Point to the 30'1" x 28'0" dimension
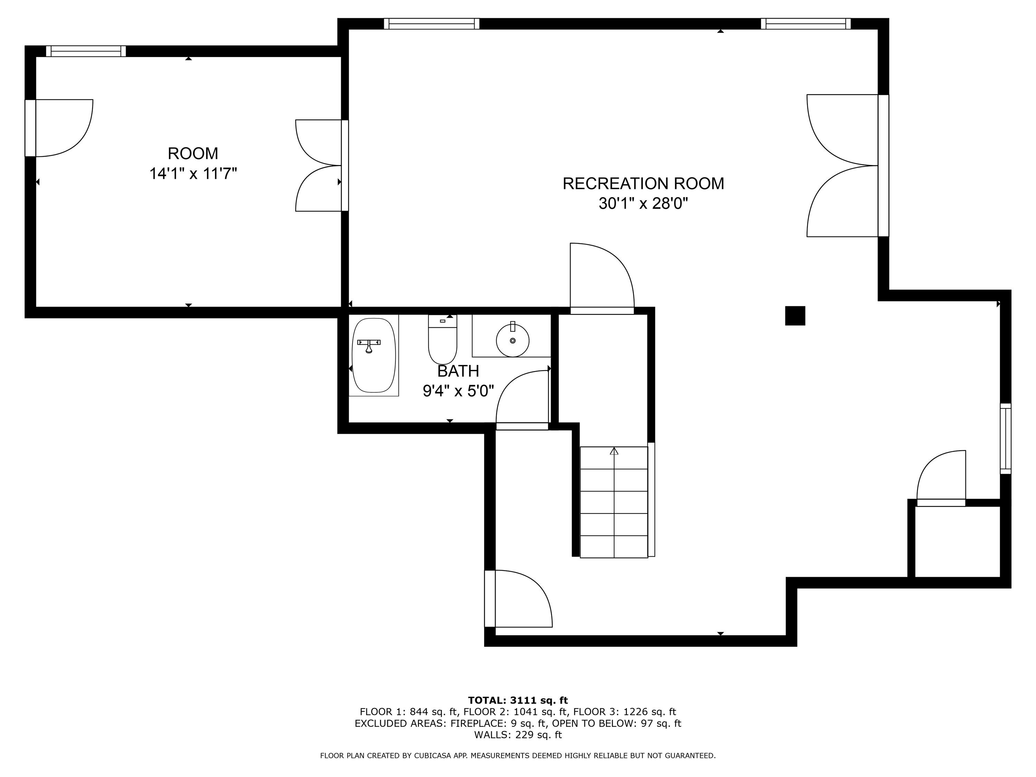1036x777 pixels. pos(643,204)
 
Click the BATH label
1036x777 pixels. pos(458,371)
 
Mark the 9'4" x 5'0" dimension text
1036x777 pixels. pos(458,391)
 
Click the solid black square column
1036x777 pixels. pos(795,316)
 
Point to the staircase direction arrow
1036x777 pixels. pos(614,451)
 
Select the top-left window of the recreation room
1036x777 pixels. pos(431,23)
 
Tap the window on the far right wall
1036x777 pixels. pos(1005,438)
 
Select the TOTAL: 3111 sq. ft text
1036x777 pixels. pos(518,700)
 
